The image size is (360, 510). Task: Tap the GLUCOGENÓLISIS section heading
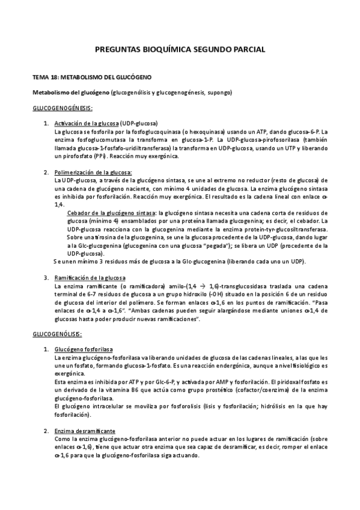pyautogui.click(x=56, y=334)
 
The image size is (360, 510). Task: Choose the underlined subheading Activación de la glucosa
pyautogui.click(x=87, y=123)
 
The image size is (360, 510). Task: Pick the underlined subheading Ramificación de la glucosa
pyautogui.click(x=90, y=277)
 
